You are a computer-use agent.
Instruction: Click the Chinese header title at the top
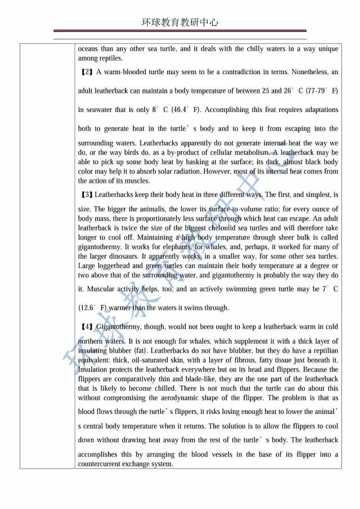point(180,22)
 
